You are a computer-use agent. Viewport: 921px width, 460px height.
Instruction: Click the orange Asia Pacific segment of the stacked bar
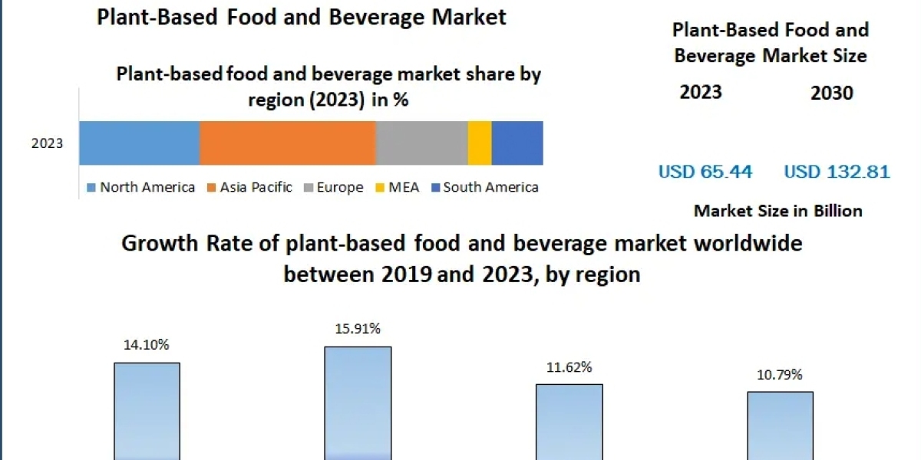(x=287, y=143)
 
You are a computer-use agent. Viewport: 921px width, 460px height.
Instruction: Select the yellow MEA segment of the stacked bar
(x=480, y=143)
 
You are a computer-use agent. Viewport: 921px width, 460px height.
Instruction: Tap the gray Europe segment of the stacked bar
(x=421, y=143)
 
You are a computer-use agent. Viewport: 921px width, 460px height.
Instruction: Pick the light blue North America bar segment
(x=139, y=143)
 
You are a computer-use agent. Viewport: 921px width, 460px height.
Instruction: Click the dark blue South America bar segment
(x=517, y=143)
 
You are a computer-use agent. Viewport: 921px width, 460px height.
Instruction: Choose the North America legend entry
(x=141, y=187)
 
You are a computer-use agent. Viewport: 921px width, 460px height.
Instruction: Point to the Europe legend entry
(x=334, y=187)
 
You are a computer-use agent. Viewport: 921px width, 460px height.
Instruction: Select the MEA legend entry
(x=397, y=187)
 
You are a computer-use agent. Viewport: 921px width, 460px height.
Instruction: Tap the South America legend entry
(x=484, y=187)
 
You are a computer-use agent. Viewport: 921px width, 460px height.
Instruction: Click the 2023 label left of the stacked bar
(x=48, y=143)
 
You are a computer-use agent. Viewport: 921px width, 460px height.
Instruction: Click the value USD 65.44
(x=705, y=172)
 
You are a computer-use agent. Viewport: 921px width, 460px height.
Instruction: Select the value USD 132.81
(x=837, y=172)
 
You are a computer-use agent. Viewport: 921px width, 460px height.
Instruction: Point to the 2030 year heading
(x=831, y=93)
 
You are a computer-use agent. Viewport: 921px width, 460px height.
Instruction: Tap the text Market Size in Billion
(x=777, y=211)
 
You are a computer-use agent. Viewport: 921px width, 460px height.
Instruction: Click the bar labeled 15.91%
(x=358, y=402)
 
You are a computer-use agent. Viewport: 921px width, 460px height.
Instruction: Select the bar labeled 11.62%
(x=569, y=422)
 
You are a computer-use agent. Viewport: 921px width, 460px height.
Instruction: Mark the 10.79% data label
(x=780, y=375)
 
